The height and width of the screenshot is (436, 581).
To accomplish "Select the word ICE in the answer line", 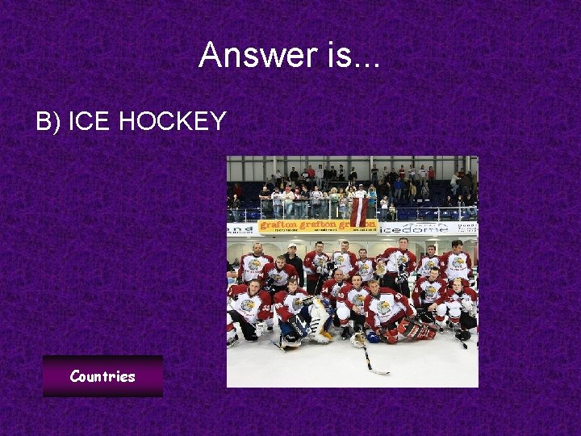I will pos(90,121).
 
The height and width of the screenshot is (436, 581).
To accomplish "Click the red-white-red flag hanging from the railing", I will pos(359,212).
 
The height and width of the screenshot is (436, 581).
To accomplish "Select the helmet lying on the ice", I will pos(357,340).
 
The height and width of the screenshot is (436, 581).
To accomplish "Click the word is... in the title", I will pos(353,55).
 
